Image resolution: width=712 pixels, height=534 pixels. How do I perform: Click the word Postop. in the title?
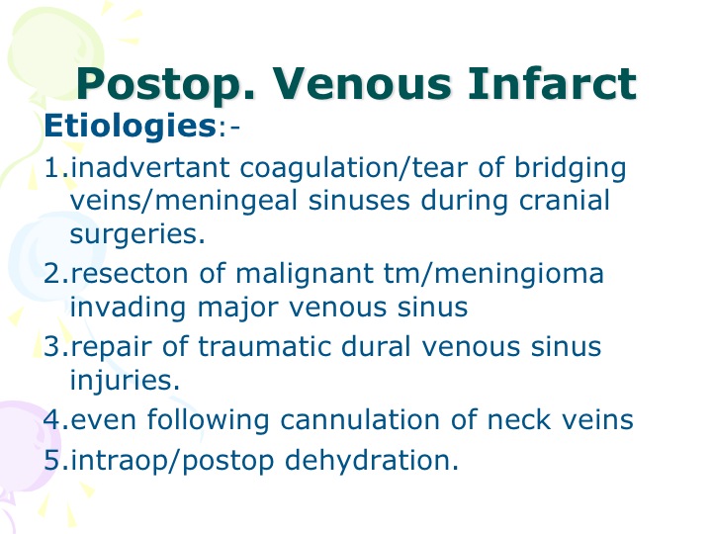pyautogui.click(x=165, y=84)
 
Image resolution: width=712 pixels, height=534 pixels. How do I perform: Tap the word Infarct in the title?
pyautogui.click(x=552, y=83)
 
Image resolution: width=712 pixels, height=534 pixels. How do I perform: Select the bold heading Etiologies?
pyautogui.click(x=130, y=127)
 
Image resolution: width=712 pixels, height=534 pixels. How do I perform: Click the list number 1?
pyautogui.click(x=55, y=167)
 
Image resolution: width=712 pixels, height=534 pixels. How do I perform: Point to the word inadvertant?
pyautogui.click(x=150, y=167)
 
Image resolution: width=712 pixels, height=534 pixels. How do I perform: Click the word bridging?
pyautogui.click(x=570, y=169)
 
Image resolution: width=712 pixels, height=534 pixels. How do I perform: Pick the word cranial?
pyautogui.click(x=564, y=200)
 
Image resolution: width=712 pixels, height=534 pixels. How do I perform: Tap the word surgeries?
pyautogui.click(x=137, y=234)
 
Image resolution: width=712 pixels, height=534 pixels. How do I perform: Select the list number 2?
pyautogui.click(x=55, y=273)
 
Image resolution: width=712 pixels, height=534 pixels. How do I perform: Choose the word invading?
pyautogui.click(x=128, y=309)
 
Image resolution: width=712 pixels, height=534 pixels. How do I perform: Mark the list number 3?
pyautogui.click(x=55, y=346)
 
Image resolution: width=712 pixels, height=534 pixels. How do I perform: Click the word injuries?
pyautogui.click(x=125, y=381)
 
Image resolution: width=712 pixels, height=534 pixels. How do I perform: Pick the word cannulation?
pyautogui.click(x=360, y=419)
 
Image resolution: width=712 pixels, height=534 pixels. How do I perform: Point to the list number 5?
pyautogui.click(x=55, y=460)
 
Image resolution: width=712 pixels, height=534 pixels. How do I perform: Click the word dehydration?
pyautogui.click(x=372, y=460)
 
